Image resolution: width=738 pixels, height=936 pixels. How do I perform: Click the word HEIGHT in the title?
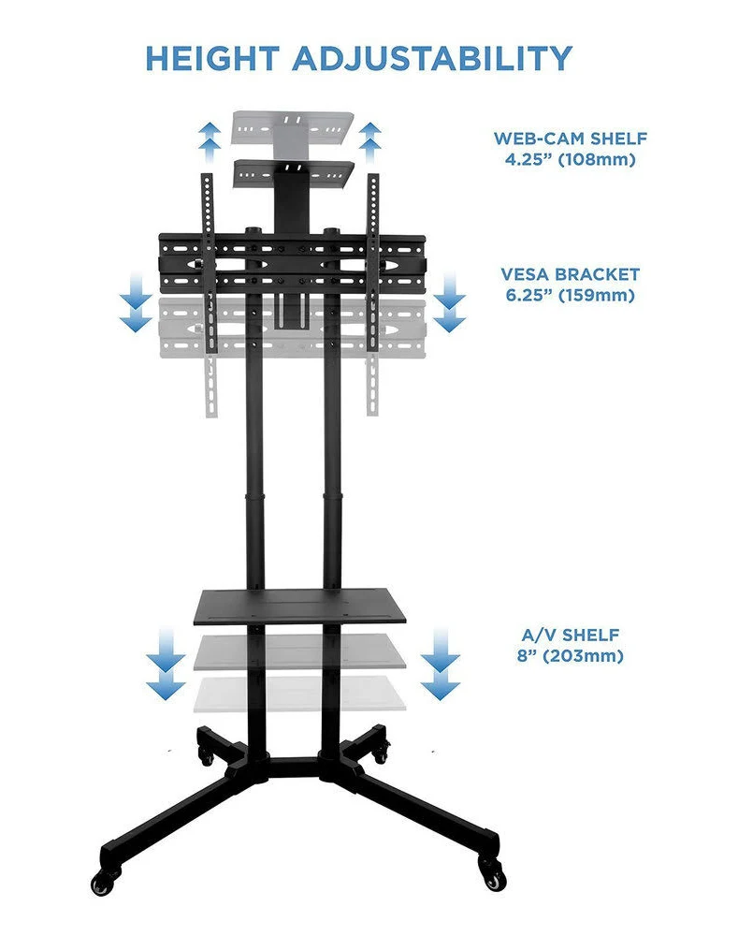[x=212, y=58]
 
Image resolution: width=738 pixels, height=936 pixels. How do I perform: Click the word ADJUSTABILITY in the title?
[x=431, y=58]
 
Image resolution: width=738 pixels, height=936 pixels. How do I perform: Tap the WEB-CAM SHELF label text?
[x=571, y=139]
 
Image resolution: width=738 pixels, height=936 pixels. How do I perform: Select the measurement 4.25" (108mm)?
[x=571, y=159]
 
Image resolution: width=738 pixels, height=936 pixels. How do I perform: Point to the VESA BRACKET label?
[x=571, y=275]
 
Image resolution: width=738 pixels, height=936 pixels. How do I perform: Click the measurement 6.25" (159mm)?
[x=571, y=296]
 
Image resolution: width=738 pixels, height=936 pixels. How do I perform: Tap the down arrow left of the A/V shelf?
[x=166, y=665]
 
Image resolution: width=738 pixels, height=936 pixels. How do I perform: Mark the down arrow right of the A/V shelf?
[x=439, y=665]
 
